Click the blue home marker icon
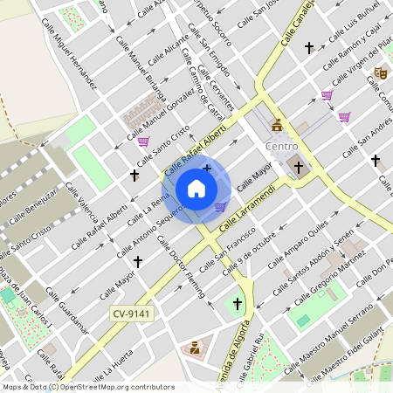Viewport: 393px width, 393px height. (196, 189)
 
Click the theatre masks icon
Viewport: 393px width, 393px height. (380, 73)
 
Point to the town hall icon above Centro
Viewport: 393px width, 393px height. (277, 124)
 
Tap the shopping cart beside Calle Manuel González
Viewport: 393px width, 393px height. (143, 141)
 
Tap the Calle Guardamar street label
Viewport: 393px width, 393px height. (67, 309)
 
